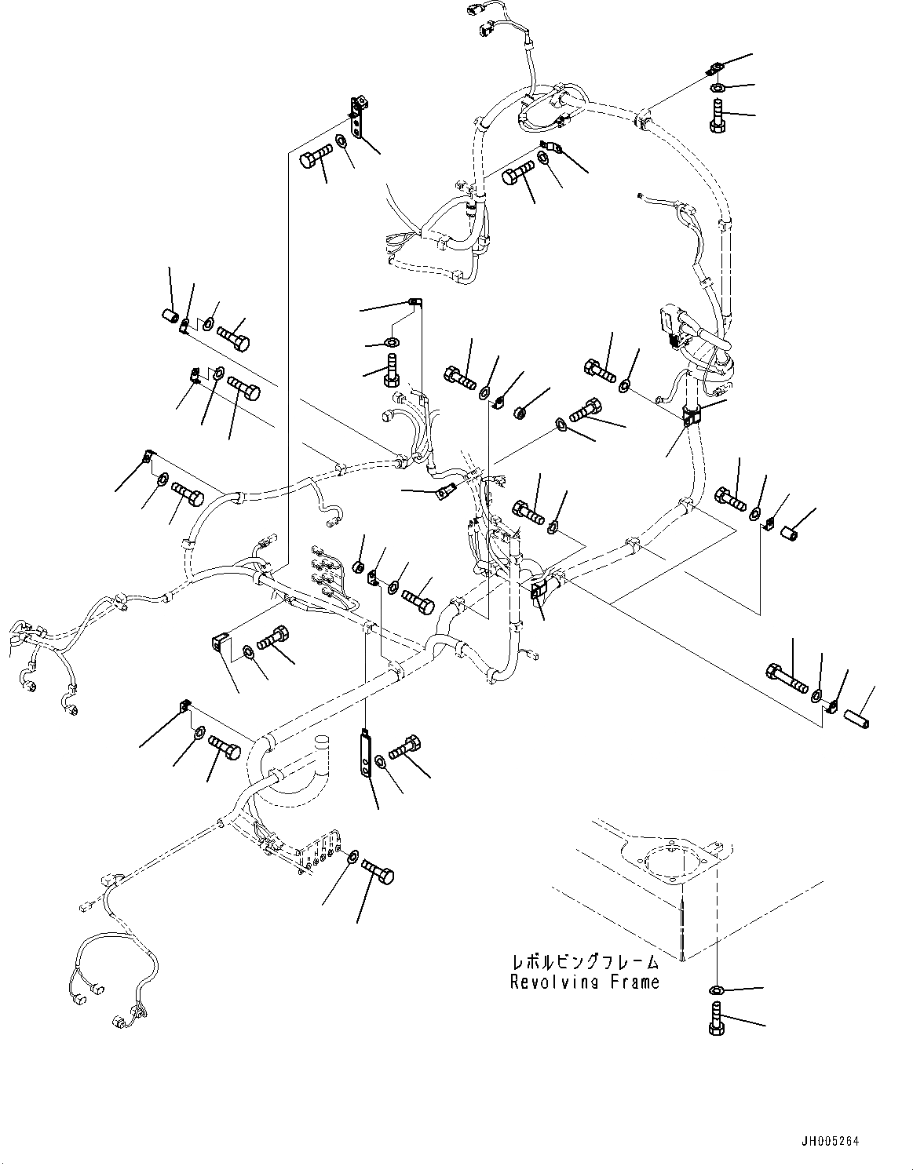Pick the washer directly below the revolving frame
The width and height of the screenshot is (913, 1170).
(718, 988)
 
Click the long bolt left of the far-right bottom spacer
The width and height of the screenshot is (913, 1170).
(785, 679)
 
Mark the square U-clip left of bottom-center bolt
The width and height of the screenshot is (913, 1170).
(219, 643)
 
